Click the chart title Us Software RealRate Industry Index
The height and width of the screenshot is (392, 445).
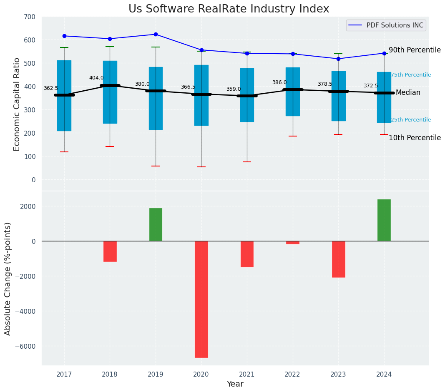[229, 9]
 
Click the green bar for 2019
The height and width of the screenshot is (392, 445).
[156, 224]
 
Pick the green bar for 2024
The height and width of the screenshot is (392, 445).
[384, 220]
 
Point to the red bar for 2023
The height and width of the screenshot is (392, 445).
[338, 259]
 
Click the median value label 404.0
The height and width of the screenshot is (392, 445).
[96, 78]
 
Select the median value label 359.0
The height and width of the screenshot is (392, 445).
[234, 89]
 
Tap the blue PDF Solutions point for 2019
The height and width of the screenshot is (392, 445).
[156, 34]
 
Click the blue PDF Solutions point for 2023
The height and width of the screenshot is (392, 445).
[338, 59]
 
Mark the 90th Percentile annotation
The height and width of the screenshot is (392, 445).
[415, 50]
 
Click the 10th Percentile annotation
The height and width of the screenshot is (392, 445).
[415, 138]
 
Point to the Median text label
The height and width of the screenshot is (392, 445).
[408, 92]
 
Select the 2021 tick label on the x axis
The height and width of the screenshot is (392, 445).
[247, 375]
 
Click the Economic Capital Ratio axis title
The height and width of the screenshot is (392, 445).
[17, 104]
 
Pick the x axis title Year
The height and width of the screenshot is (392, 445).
[235, 384]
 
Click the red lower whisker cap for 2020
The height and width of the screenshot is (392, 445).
[201, 167]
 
